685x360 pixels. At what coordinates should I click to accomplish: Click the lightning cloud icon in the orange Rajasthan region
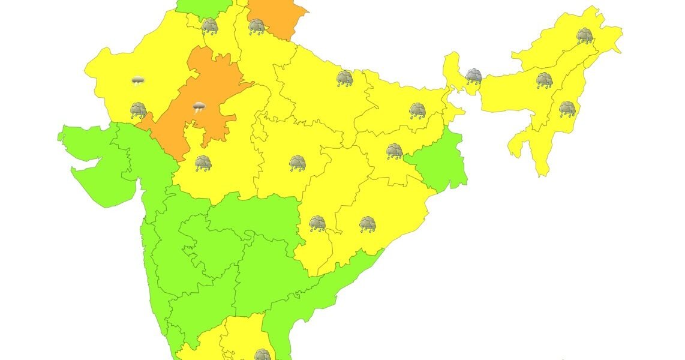[199, 108]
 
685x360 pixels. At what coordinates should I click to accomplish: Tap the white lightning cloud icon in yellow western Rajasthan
[138, 80]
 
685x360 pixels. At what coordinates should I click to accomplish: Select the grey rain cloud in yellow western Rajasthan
[139, 110]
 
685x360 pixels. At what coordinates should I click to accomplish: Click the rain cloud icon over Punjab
[210, 26]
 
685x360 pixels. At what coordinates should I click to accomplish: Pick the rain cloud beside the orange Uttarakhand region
[257, 26]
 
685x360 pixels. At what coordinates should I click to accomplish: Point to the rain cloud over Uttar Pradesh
[344, 78]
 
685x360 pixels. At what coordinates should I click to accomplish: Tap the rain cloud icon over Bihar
[417, 110]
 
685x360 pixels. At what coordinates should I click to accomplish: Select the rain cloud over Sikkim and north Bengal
[474, 76]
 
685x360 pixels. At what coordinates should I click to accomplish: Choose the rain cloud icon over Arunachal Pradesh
[585, 36]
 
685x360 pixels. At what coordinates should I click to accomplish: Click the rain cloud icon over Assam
[544, 80]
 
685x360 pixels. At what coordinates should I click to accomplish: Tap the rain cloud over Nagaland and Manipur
[567, 109]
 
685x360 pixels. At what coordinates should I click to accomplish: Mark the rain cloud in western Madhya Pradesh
[203, 163]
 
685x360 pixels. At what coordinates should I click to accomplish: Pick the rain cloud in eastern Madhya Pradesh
[298, 163]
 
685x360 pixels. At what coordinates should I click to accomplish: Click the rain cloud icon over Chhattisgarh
[317, 224]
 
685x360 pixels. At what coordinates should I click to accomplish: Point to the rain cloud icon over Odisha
[368, 224]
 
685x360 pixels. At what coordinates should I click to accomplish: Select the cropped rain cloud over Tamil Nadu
[262, 355]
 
